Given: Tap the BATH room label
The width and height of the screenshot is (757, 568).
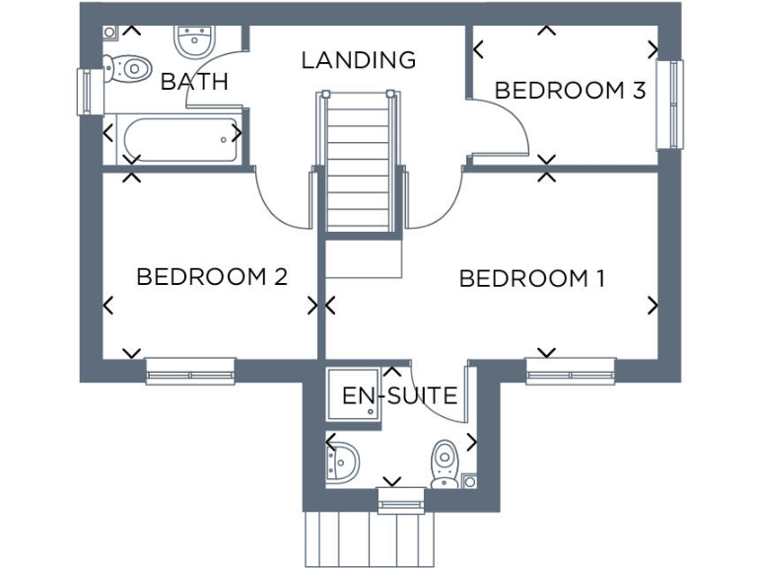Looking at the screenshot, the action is tap(194, 82).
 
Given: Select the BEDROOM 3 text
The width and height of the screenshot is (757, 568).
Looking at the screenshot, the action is tap(570, 91).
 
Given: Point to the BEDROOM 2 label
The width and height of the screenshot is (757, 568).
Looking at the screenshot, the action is tap(211, 277).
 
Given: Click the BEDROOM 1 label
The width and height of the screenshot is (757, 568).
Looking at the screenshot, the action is tap(531, 279).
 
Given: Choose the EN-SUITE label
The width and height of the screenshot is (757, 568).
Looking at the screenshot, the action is tap(399, 396).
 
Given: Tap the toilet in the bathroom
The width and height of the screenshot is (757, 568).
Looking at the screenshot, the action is tap(123, 70).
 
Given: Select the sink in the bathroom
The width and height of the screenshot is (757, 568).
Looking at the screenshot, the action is tap(194, 41).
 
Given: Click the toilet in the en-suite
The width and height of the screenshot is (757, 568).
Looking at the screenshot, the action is tap(446, 461).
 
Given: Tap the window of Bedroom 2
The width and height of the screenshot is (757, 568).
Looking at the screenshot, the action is tap(190, 371).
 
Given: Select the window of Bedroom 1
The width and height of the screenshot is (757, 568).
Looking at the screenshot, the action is tap(570, 371).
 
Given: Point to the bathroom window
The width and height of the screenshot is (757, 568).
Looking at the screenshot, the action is tap(84, 91).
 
